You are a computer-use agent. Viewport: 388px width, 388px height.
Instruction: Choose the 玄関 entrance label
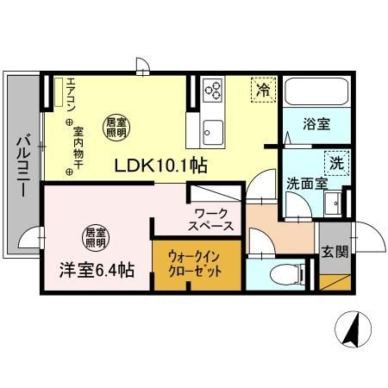coord(335,252)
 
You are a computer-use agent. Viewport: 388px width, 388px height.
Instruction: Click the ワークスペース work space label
coord(211,219)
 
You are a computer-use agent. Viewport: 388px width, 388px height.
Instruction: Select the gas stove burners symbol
coord(212,89)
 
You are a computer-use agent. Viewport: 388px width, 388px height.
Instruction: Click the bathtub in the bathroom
coord(316,91)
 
